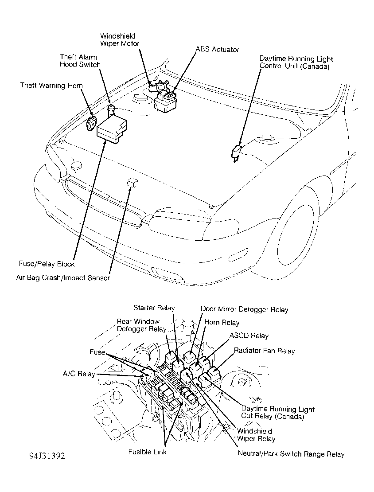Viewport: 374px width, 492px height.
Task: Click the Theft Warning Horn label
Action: (51, 85)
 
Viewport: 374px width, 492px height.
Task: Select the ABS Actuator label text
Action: (217, 49)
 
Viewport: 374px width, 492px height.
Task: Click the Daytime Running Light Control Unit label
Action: (296, 62)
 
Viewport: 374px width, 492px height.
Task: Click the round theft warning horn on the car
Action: (91, 124)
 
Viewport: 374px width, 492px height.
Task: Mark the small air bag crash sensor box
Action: (131, 182)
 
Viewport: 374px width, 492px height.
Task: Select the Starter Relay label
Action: (154, 308)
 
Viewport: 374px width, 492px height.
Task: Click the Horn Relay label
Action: (222, 323)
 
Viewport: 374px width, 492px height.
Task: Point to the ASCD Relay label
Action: (249, 336)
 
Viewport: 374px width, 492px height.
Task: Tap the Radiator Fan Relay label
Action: (264, 351)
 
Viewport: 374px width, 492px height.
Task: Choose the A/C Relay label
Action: (79, 374)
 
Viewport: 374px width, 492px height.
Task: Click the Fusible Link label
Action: (147, 452)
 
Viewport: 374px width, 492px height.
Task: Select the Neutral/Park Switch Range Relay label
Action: (291, 454)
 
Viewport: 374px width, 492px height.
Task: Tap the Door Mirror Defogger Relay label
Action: (244, 309)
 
